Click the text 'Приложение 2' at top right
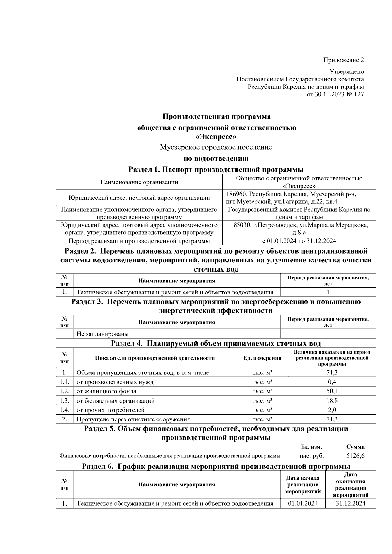click(x=343, y=60)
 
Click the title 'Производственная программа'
click(x=217, y=117)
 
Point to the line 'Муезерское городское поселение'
click(x=216, y=147)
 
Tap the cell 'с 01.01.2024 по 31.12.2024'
click(x=299, y=241)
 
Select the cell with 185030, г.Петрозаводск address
click(x=299, y=229)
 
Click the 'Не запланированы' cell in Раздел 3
click(x=103, y=334)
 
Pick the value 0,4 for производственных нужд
click(x=332, y=382)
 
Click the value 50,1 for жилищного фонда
click(x=332, y=391)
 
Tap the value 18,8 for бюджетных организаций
click(x=332, y=401)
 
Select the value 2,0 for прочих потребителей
click(x=332, y=410)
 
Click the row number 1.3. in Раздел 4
click(x=64, y=401)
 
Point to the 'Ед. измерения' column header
click(x=262, y=358)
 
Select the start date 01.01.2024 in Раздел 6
click(x=303, y=503)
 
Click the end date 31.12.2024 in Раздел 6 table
click(x=351, y=503)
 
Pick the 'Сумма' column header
click(x=355, y=447)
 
